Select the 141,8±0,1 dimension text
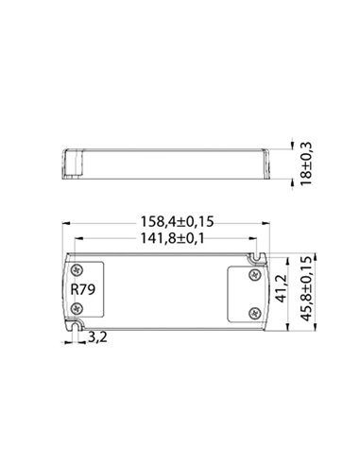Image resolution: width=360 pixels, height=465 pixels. pos(166,239)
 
